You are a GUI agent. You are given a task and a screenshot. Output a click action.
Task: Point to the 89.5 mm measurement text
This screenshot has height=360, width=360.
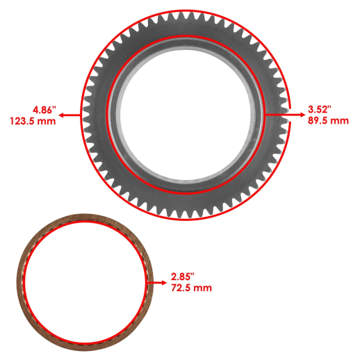click(x=328, y=121)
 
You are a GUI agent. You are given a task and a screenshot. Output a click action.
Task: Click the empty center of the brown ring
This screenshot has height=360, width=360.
click(x=84, y=282)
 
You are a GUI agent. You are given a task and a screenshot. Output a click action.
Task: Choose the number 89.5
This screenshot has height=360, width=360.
click(x=319, y=121)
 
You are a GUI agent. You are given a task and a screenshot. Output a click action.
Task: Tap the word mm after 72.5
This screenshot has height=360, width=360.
click(x=204, y=288)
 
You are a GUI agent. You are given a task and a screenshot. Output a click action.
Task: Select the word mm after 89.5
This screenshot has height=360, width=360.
click(x=340, y=121)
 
